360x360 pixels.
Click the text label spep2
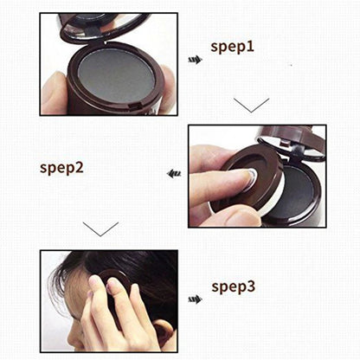click(61, 166)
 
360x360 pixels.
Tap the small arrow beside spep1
click(196, 60)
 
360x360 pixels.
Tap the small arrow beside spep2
click(173, 173)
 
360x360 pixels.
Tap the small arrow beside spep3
click(195, 299)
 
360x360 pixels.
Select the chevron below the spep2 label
click(100, 229)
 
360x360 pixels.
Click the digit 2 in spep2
click(80, 165)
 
